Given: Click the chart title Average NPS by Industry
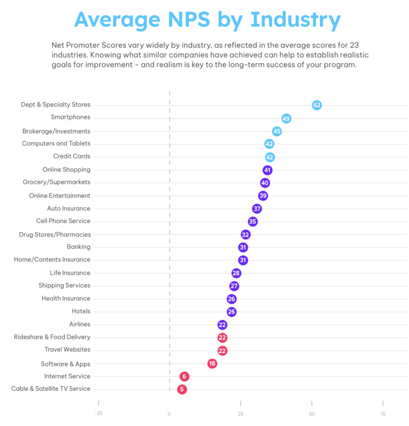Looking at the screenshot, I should point(207,20).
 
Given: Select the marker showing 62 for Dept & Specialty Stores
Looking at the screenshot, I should point(317,105).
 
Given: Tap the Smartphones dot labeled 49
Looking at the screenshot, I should point(286,118).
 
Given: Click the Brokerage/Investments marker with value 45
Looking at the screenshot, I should point(277,131).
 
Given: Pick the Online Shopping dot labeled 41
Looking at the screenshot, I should point(267,170).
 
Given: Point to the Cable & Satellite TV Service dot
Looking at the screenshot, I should point(182,389).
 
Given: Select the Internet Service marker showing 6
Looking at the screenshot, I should point(185,376).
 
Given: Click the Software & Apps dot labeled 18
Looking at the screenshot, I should point(212,364).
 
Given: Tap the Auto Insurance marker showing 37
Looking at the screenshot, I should point(257,209).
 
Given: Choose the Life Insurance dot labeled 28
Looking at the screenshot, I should point(236,273).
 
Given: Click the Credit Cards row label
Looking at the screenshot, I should point(72,157).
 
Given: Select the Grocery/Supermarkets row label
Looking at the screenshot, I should point(56,183).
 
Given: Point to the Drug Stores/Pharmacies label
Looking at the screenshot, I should point(55,234).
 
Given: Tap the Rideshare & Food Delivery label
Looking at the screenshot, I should point(52,337).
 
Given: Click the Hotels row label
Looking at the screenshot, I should point(81,312).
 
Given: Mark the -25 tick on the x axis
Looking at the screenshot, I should point(98,414).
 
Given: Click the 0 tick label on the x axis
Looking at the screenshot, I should point(169,414).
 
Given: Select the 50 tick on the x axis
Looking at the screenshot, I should point(312,414).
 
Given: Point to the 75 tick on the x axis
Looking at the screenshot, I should point(382,414).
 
